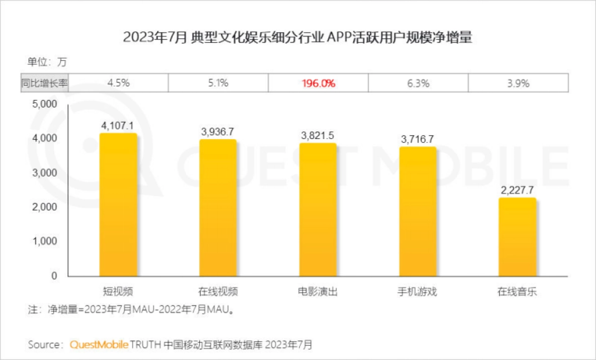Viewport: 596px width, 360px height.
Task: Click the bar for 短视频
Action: [118, 205]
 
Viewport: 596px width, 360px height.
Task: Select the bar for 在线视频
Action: [218, 208]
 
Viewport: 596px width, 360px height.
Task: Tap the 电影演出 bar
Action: [318, 210]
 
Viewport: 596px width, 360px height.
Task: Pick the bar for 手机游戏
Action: [418, 211]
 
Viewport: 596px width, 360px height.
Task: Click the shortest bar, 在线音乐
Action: [517, 237]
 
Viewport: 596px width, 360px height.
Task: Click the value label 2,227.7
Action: [517, 190]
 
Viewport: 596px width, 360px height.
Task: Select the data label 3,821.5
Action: [318, 135]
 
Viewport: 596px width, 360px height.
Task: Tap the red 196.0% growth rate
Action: [318, 83]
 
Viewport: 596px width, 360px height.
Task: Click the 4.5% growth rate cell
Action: [118, 83]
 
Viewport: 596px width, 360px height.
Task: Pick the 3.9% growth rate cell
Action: [518, 83]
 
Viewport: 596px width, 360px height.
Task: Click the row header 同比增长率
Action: [44, 83]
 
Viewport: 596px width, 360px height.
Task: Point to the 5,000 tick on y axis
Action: [45, 104]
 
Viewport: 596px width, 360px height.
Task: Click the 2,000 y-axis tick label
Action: [45, 207]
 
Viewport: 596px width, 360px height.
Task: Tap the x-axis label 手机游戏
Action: [418, 291]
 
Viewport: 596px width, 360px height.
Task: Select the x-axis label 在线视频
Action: [218, 291]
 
